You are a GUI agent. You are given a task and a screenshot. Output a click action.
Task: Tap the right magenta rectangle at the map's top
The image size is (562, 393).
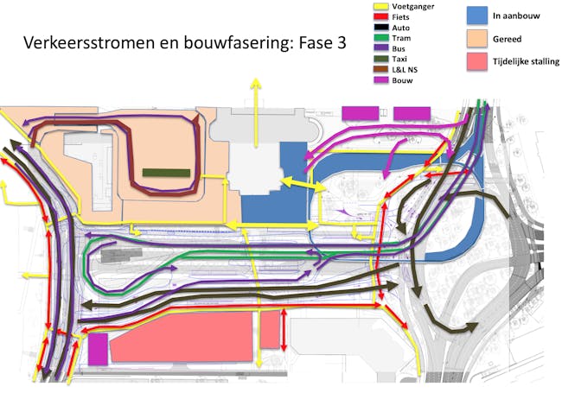(412, 113)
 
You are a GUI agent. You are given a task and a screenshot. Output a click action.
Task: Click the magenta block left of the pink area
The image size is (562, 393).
(98, 348)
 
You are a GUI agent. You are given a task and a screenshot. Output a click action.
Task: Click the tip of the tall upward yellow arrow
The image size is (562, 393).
(255, 79)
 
